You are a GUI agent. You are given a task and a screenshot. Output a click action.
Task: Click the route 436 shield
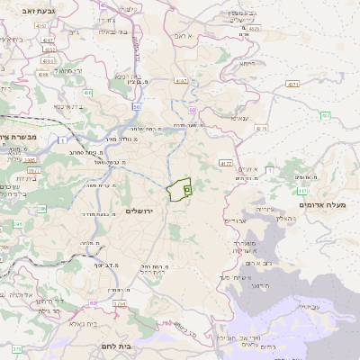point(87,93)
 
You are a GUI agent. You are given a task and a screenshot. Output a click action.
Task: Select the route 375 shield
point(16,348)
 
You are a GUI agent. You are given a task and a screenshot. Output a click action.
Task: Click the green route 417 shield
point(301,190)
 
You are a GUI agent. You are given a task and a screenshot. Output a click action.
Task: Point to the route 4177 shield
point(225,163)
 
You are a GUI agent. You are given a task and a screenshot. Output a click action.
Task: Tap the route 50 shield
point(137,107)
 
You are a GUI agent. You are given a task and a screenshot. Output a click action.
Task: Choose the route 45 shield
point(104,5)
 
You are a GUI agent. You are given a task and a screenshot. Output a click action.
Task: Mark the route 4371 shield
point(292,84)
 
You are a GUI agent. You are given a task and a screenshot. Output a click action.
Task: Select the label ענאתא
point(239,117)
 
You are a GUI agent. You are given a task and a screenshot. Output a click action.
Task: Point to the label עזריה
point(261,209)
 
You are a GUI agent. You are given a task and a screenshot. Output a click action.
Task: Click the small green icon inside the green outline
point(186,189)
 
